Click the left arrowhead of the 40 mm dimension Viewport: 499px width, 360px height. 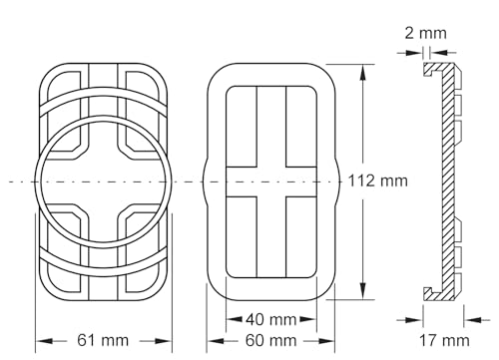(x=230, y=319)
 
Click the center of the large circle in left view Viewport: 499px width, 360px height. (x=104, y=181)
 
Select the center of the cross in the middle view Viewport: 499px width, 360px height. (x=271, y=181)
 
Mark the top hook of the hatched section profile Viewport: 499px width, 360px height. (x=431, y=69)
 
